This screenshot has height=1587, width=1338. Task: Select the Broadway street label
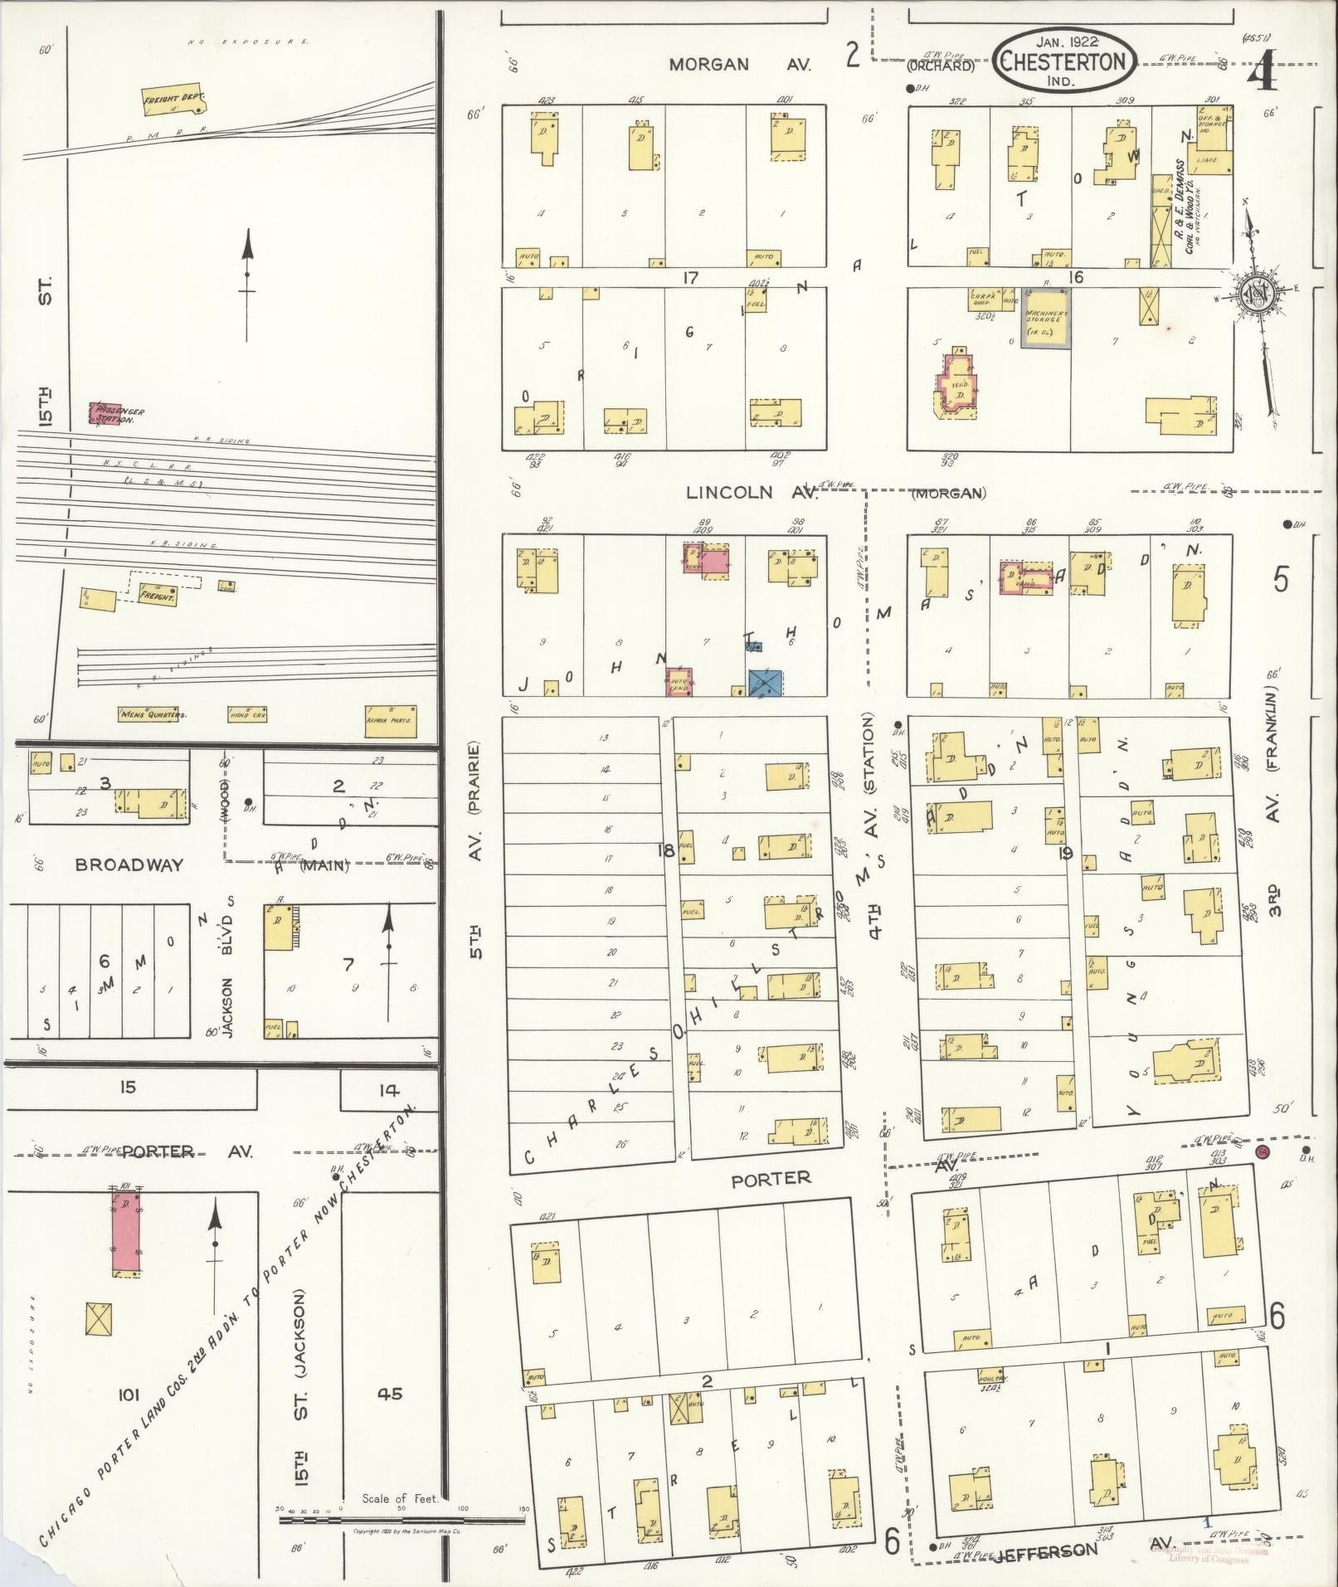129,864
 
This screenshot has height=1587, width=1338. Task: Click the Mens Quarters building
153,713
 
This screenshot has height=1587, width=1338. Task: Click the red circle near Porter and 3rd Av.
1263,1154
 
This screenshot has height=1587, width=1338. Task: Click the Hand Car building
247,714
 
